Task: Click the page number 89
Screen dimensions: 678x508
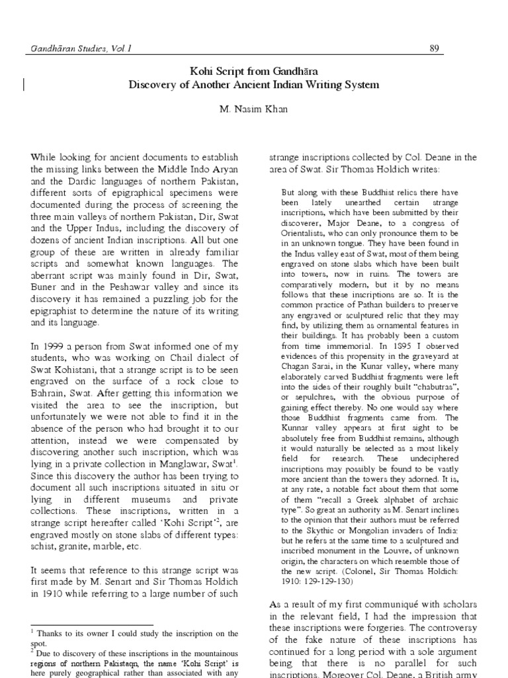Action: tap(435, 48)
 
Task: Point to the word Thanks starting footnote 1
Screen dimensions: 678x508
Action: tap(49, 634)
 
